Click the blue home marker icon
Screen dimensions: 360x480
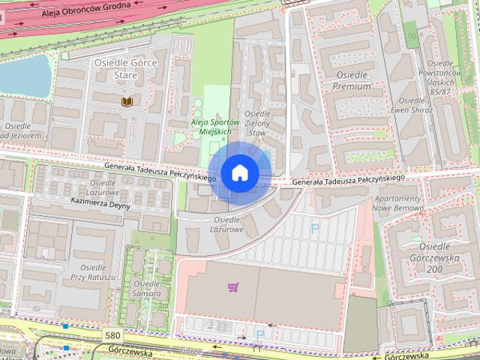click(239, 172)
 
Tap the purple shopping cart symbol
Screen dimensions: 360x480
click(233, 286)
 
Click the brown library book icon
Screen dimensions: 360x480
click(126, 100)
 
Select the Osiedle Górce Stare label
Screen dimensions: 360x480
click(125, 69)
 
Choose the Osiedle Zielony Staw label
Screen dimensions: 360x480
click(257, 122)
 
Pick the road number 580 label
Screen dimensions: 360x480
click(113, 335)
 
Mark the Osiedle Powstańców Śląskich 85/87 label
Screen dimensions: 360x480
click(439, 76)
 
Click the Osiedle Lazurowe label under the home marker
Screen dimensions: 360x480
click(226, 225)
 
